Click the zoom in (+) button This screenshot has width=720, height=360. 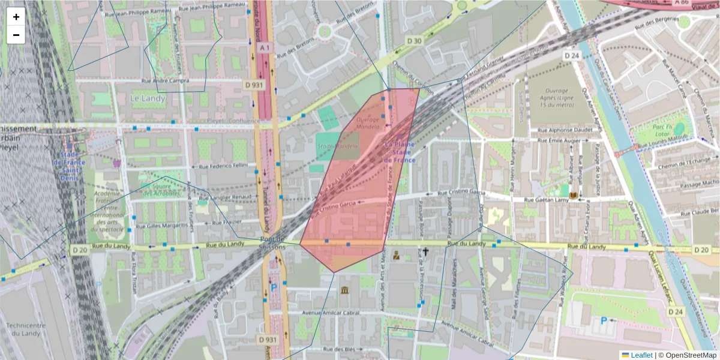[16, 17]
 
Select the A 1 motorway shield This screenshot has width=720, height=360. [265, 47]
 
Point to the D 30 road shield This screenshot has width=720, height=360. [414, 41]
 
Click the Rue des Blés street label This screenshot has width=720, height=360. [339, 349]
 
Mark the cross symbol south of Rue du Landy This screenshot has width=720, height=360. [426, 253]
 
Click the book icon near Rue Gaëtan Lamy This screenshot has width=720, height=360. [574, 196]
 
